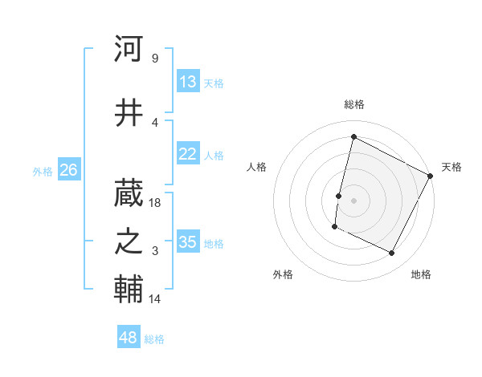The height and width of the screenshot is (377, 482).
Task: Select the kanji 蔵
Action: [129, 190]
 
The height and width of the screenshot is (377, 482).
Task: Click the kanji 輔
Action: [129, 288]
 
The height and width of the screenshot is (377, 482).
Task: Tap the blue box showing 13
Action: [187, 82]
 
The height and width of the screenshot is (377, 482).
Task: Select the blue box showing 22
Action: [187, 155]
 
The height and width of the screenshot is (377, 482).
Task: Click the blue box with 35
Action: [187, 242]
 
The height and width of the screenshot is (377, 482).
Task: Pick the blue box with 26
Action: [68, 170]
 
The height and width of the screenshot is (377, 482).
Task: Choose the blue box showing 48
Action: [129, 338]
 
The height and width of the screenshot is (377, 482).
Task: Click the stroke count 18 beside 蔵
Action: [155, 203]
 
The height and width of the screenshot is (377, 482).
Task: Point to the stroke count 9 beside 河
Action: [154, 59]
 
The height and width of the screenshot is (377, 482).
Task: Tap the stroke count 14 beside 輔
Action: [155, 299]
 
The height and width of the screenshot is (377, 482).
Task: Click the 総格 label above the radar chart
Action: [353, 104]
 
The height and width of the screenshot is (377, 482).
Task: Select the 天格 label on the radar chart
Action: [451, 167]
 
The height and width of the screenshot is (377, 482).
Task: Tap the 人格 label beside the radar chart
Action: [256, 167]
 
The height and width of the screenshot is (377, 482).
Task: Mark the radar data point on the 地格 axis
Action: [391, 253]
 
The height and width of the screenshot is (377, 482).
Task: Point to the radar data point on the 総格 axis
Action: [353, 137]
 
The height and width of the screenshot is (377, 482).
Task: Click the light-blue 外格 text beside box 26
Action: [42, 171]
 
